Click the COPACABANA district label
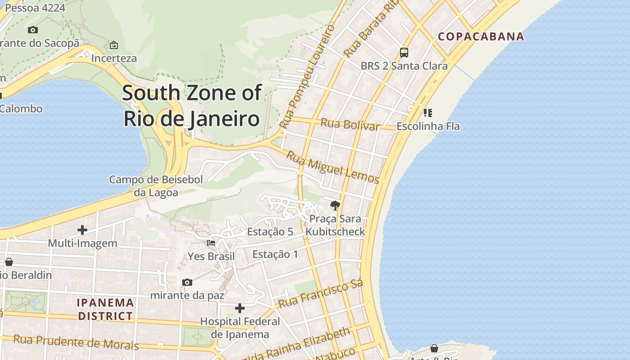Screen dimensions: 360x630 (481, 36)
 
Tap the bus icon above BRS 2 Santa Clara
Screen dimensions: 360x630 (404, 53)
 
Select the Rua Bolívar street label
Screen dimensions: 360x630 (350, 124)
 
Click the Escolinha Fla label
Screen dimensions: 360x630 (428, 126)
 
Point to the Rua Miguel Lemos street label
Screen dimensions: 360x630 (333, 167)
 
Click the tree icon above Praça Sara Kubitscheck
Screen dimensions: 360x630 (335, 206)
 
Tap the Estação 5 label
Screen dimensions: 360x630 (270, 232)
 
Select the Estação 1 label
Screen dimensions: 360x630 (275, 254)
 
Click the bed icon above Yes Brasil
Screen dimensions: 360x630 (211, 243)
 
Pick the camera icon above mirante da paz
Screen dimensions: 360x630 (187, 282)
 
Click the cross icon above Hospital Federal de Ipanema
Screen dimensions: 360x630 (240, 308)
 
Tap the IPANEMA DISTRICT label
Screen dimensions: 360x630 (105, 309)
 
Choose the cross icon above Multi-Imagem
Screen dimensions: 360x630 (82, 230)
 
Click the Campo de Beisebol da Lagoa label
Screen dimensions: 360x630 (156, 186)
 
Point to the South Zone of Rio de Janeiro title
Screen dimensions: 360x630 (192, 106)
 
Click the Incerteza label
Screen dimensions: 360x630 (114, 58)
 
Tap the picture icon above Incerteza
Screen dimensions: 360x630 (114, 45)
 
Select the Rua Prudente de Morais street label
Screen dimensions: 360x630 (76, 342)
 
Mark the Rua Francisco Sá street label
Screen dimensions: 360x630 (320, 294)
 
